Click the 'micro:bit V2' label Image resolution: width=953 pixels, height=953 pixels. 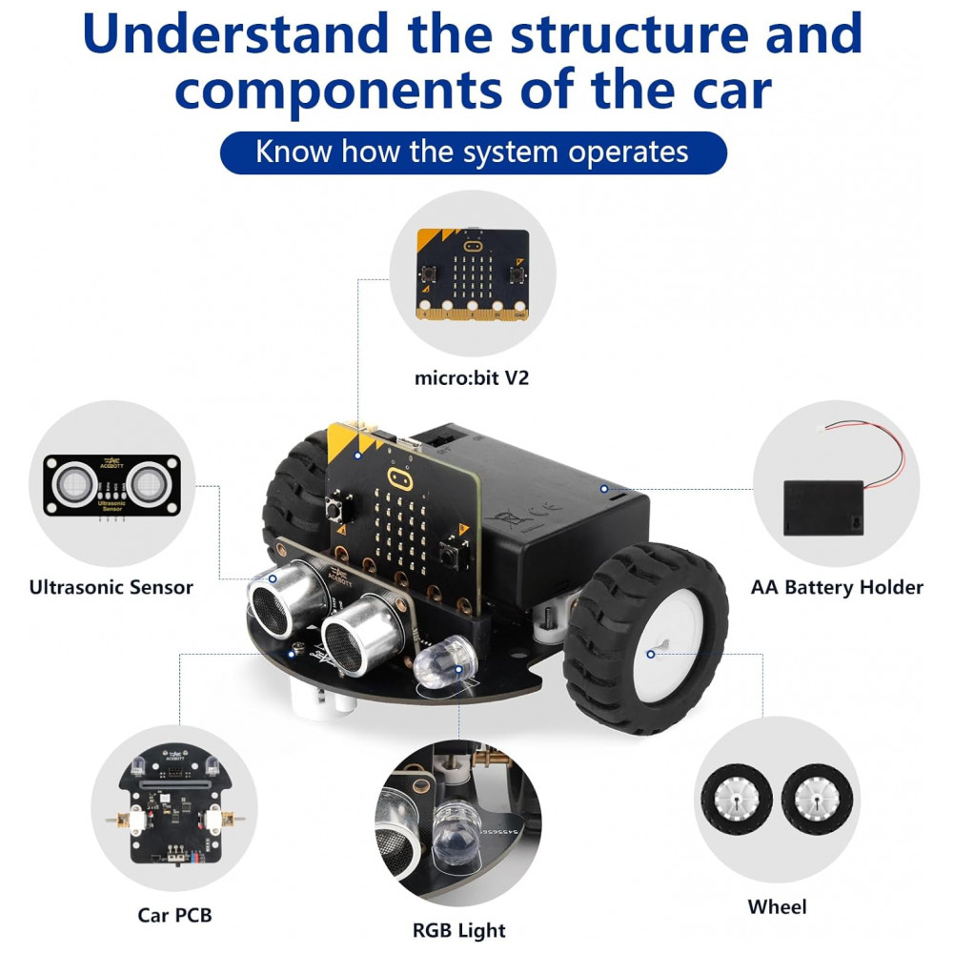click(471, 378)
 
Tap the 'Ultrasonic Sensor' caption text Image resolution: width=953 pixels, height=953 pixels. click(111, 587)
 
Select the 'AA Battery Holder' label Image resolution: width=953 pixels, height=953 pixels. click(837, 587)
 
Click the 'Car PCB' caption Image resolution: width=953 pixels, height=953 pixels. click(174, 916)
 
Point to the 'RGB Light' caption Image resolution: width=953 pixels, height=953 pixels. click(458, 930)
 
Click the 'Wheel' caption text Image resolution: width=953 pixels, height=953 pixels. click(777, 906)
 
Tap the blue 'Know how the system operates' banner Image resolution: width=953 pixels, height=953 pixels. click(473, 152)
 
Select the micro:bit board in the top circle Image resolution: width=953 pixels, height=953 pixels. click(473, 273)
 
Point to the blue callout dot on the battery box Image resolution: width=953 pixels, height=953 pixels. click(603, 488)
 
